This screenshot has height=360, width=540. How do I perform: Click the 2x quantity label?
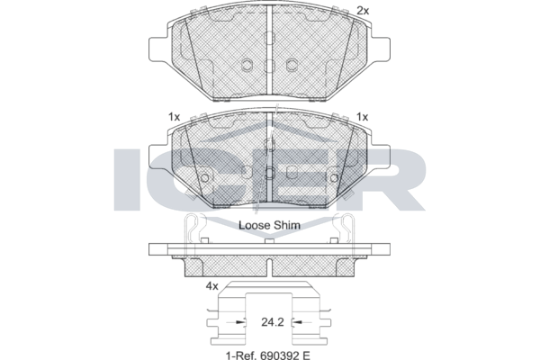point(363,11)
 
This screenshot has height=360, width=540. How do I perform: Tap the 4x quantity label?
point(211,286)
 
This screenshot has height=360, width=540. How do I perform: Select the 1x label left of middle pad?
point(174,117)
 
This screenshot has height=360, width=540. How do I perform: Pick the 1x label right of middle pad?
point(362,117)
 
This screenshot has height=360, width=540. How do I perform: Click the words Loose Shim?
point(269,225)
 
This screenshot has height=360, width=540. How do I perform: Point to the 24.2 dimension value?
point(273,322)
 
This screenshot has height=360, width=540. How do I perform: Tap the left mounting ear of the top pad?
point(159,50)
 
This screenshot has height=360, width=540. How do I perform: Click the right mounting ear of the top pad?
point(380,50)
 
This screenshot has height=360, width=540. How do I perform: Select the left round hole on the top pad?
point(247,65)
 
